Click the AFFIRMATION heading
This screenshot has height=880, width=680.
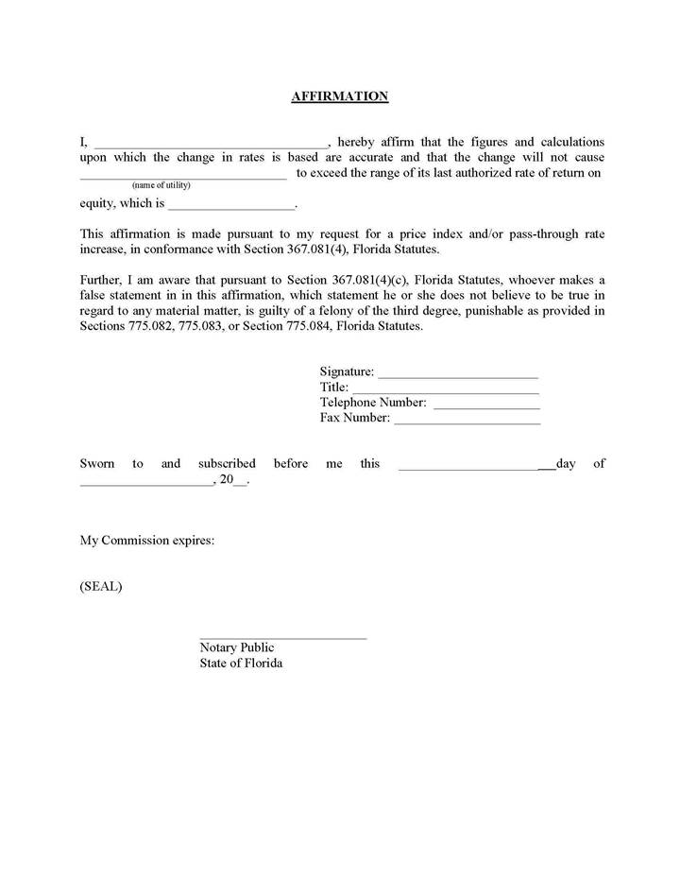click(340, 96)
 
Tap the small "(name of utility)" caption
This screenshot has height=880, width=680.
click(161, 184)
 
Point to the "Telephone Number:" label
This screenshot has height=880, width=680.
click(373, 403)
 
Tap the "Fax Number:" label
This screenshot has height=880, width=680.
click(355, 418)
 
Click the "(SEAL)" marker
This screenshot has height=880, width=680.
click(101, 586)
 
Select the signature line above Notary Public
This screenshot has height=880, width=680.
click(282, 639)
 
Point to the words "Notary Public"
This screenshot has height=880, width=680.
click(237, 647)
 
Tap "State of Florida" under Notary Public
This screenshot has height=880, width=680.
click(241, 663)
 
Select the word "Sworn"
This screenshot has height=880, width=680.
click(97, 463)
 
